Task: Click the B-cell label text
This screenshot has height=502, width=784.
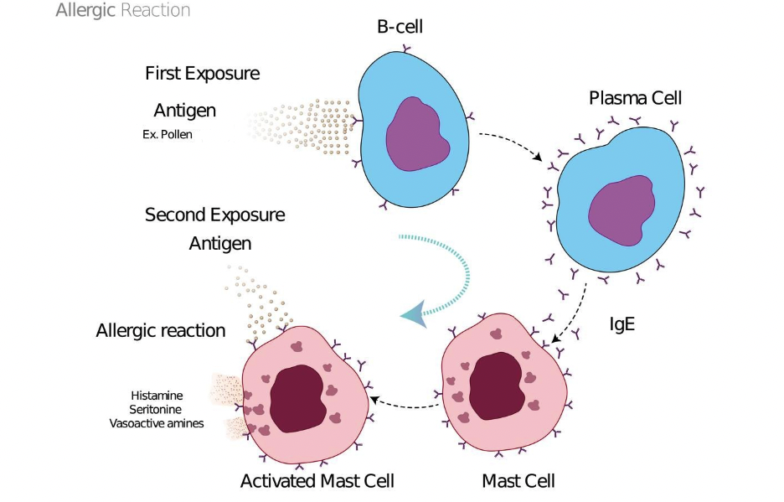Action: (x=400, y=28)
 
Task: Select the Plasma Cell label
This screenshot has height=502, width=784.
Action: (x=635, y=98)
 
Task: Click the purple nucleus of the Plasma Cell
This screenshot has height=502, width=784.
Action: (x=622, y=205)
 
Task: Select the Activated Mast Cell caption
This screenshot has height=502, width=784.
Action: (x=317, y=481)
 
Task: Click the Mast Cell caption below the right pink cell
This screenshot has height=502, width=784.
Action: (x=518, y=481)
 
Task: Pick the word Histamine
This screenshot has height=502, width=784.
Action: (x=157, y=395)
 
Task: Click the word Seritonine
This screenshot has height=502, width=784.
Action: (x=157, y=409)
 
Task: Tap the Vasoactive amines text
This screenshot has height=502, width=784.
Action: (x=157, y=423)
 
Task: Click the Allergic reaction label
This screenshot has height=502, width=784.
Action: (x=161, y=330)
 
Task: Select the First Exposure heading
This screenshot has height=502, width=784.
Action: (x=203, y=74)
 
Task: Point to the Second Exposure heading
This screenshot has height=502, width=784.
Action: (x=215, y=215)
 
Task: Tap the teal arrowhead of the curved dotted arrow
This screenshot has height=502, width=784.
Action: (x=413, y=313)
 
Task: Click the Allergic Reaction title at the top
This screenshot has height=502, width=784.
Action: (x=123, y=11)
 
